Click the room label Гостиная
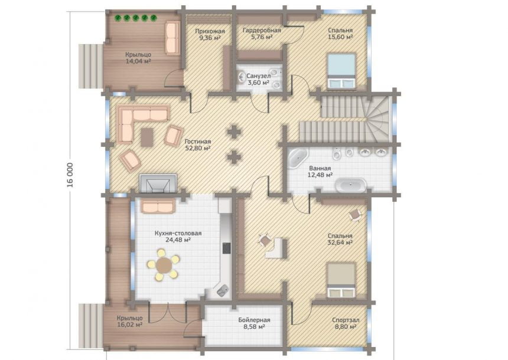tap(198, 142)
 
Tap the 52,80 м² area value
tap(198, 148)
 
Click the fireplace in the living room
tap(158, 184)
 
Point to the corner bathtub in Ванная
tap(298, 158)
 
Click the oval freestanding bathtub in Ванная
tap(350, 186)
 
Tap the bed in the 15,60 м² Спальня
tap(341, 71)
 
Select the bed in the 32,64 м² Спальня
tap(341, 280)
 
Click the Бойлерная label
tap(255, 320)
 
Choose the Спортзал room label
tap(346, 320)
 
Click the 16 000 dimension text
tap(70, 175)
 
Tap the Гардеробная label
tap(262, 31)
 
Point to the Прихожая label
tap(210, 31)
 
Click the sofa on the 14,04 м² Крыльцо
tap(172, 38)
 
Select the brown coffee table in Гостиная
tap(147, 138)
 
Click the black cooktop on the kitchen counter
tap(226, 248)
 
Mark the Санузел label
tap(259, 76)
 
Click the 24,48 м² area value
tap(178, 240)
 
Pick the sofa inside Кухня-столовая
tap(158, 205)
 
